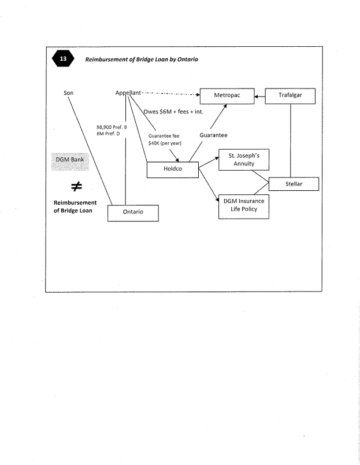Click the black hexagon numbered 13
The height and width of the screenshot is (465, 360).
(62, 60)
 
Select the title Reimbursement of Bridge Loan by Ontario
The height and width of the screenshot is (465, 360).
(142, 60)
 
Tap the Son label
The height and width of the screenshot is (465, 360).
(68, 93)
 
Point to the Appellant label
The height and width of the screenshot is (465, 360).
(129, 93)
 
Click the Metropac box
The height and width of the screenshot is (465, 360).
(227, 95)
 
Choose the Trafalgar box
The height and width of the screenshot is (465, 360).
(290, 95)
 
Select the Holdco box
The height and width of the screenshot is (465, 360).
(172, 170)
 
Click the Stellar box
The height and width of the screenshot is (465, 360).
(294, 184)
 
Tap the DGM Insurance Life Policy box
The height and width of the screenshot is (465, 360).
(244, 207)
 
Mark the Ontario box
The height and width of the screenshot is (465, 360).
(133, 212)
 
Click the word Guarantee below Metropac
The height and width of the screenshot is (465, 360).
(214, 135)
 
